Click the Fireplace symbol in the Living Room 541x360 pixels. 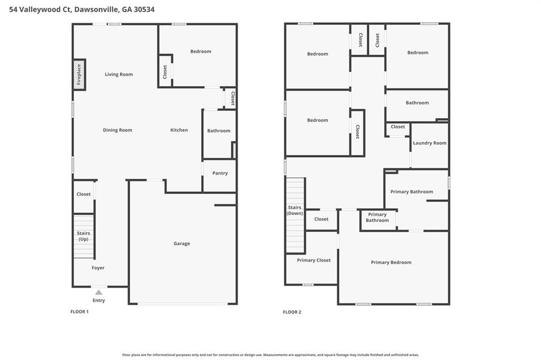click(x=79, y=74)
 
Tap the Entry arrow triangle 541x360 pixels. click(x=99, y=292)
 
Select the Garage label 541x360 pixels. click(x=182, y=243)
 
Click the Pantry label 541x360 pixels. click(x=220, y=173)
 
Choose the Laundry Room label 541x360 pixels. click(x=430, y=143)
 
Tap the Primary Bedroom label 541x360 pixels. click(x=391, y=262)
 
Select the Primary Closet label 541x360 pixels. click(x=314, y=260)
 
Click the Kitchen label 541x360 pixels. click(x=179, y=130)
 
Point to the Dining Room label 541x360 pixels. click(x=117, y=130)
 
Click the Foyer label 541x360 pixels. click(x=98, y=268)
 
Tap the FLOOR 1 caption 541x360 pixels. click(x=80, y=311)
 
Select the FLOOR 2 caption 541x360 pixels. click(x=292, y=312)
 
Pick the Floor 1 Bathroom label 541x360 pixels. click(x=219, y=131)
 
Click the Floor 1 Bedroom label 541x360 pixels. click(x=201, y=51)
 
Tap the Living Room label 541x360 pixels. click(x=119, y=74)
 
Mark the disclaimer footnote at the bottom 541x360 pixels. click(x=270, y=355)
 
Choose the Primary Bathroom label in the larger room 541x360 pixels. click(x=412, y=192)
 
